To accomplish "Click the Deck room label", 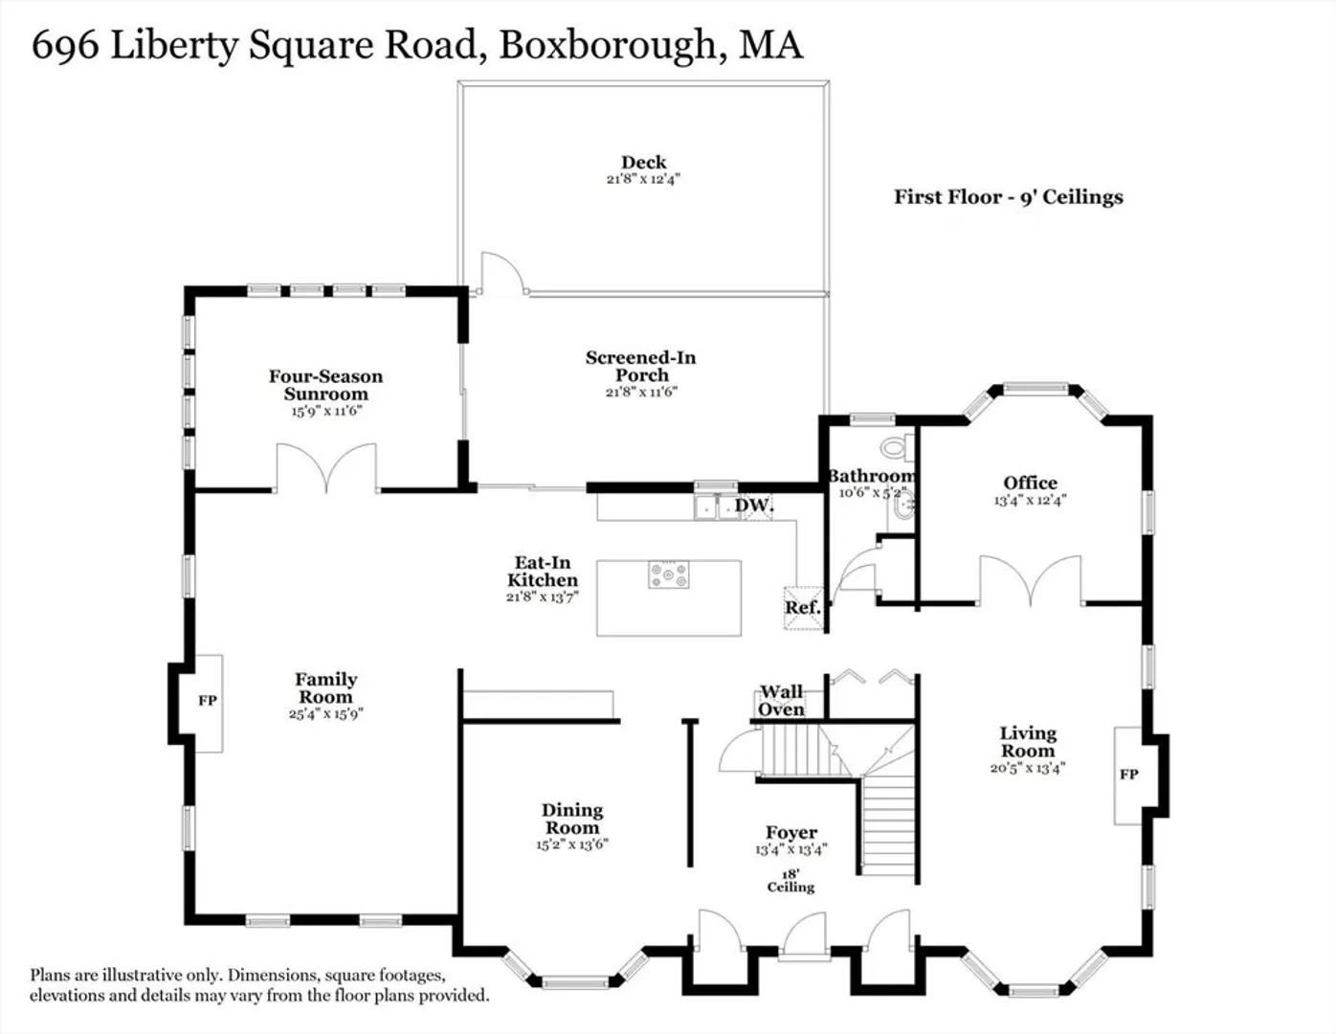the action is [643, 163].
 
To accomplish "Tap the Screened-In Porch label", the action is [640, 366].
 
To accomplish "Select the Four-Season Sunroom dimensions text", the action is [326, 411].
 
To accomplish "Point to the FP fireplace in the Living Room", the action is [1129, 775].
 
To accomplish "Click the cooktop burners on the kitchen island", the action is [669, 575].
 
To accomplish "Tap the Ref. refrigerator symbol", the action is [803, 608].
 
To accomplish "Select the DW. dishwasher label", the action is [754, 505].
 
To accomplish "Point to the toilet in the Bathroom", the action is [898, 447].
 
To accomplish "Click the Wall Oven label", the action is [781, 701].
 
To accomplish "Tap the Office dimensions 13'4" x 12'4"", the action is [1030, 500].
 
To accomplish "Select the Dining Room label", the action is [571, 819].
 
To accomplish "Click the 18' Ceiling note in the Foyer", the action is [790, 880].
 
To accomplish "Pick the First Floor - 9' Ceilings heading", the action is [1009, 197].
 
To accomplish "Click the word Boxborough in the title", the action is [608, 46].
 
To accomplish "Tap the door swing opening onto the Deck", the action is [503, 273].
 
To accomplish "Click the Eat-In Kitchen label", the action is [543, 572].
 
